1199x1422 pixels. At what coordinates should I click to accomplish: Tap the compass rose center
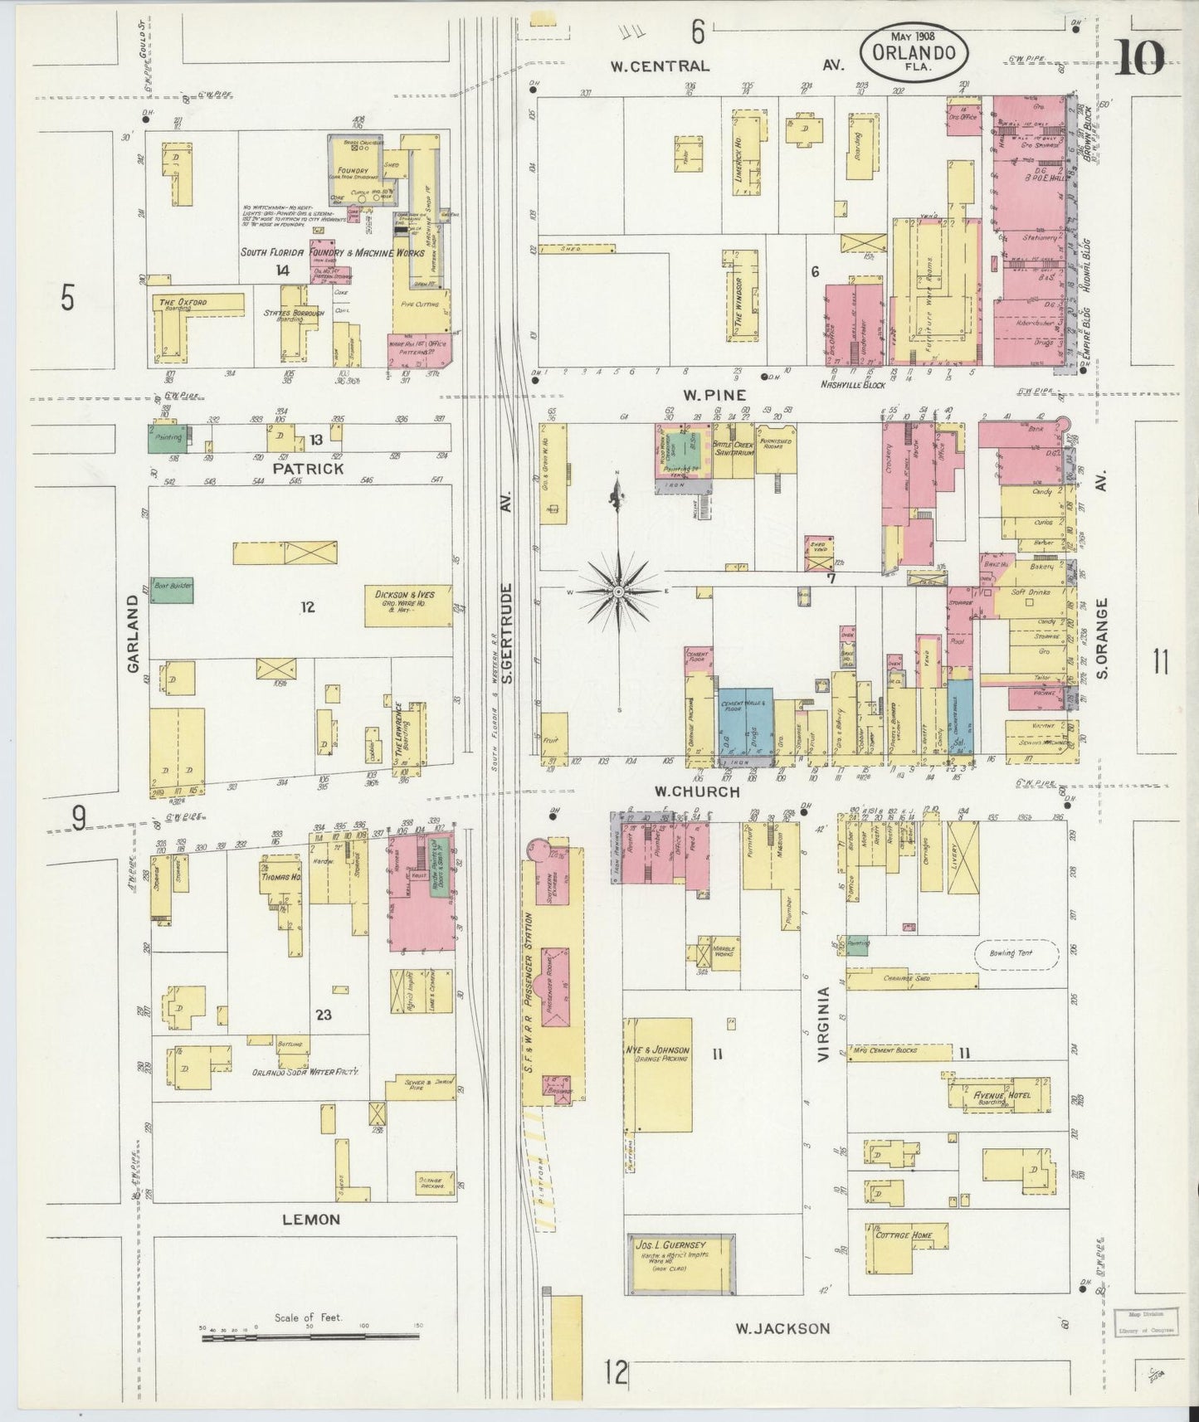click(617, 591)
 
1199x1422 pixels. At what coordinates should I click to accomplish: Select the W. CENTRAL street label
click(660, 66)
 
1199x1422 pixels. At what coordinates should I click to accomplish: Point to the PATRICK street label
click(308, 469)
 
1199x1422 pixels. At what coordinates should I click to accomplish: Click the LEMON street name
click(311, 1219)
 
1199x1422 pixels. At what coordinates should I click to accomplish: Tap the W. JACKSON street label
click(782, 1328)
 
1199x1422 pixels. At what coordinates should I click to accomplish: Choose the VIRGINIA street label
click(824, 1025)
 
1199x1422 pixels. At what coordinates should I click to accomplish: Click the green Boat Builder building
click(172, 589)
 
